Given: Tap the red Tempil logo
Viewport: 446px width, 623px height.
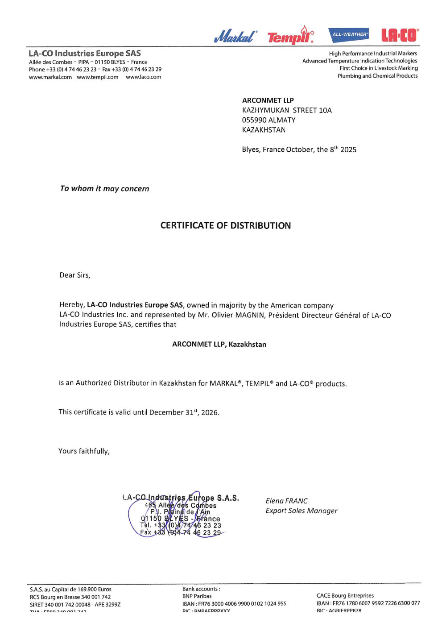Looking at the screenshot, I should pos(290,36).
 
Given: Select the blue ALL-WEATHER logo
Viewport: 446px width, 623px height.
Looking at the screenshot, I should pos(349,34).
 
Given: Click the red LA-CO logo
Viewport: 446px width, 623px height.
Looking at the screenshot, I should pos(400,35).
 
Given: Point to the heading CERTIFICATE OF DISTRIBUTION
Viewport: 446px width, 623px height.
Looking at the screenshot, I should pos(225,225).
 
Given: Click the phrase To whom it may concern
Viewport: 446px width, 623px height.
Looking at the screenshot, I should pos(104,188).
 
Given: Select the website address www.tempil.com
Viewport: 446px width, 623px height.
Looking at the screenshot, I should pos(97,77).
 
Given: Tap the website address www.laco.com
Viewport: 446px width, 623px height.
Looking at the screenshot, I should pos(143,77).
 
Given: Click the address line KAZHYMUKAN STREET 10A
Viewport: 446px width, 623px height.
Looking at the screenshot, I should pos(287,110).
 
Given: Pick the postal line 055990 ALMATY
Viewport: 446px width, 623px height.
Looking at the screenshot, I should pos(268,120).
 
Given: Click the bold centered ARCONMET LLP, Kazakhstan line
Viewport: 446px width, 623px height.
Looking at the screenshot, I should pos(219,344).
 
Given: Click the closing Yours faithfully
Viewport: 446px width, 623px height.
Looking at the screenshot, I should pos(84,451).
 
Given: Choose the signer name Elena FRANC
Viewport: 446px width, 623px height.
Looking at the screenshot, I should pos(286,501).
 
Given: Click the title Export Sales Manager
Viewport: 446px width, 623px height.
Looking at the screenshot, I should pos(301,511).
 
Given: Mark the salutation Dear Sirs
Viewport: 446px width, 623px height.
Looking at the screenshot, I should pos(75,275).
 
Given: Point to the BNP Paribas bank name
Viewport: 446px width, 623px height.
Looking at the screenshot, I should pos(197,596).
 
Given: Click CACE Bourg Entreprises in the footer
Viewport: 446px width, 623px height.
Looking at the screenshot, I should pos(345,595).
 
